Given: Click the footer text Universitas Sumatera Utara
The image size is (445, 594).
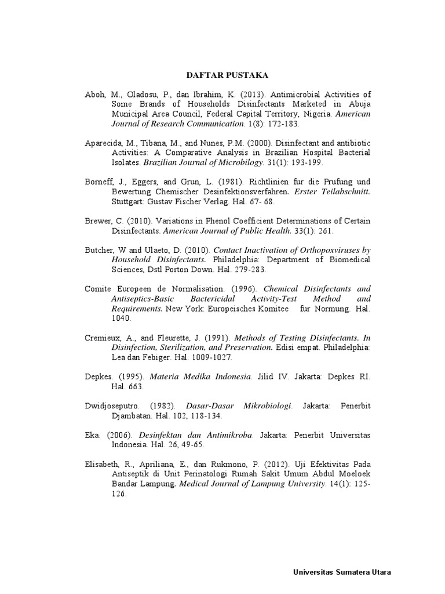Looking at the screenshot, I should pyautogui.click(x=342, y=572).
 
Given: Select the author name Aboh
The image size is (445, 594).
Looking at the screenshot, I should pyautogui.click(x=95, y=94).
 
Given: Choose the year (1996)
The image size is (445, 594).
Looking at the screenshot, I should pyautogui.click(x=243, y=288).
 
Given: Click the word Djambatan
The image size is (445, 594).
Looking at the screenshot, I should pyautogui.click(x=131, y=416).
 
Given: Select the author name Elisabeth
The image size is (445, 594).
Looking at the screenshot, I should pyautogui.click(x=103, y=465).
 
